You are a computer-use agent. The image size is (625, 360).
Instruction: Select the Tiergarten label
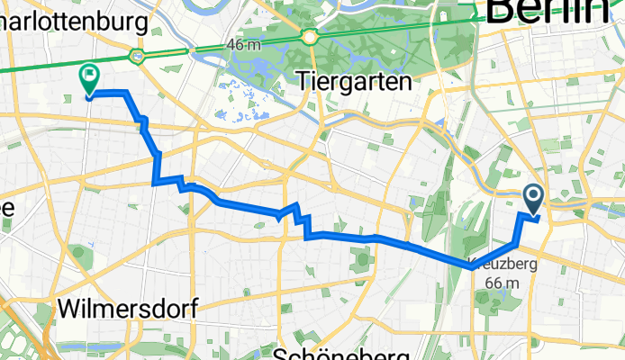coord(353,82)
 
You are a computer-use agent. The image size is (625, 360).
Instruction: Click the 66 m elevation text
coord(503,283)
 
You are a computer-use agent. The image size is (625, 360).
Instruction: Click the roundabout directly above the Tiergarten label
coord(311,37)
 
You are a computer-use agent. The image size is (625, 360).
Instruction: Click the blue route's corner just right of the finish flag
coord(125,93)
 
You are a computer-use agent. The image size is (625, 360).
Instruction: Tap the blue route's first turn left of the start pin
coord(521,216)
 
